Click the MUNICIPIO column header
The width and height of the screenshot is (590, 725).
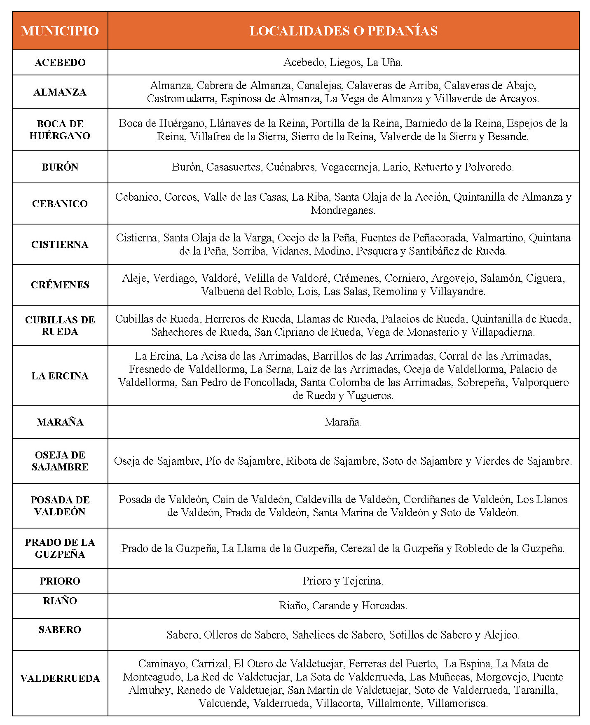pos(60,31)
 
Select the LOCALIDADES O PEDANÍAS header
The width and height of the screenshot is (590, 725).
pos(343,31)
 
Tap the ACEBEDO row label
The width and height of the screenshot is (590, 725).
pos(60,63)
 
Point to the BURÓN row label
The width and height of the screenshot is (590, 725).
pos(60,167)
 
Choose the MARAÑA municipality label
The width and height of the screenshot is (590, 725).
pos(60,422)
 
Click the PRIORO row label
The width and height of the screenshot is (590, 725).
pos(60,581)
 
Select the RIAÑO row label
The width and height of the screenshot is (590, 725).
pos(60,601)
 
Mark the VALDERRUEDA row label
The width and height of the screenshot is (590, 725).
pos(60,678)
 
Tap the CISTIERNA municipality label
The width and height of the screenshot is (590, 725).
pos(60,245)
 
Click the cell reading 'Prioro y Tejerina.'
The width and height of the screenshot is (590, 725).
pos(343,581)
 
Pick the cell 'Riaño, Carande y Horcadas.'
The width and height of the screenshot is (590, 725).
pos(343,606)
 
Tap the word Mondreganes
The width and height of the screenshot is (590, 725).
pos(343,210)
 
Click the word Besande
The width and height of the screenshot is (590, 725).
pos(508,137)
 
